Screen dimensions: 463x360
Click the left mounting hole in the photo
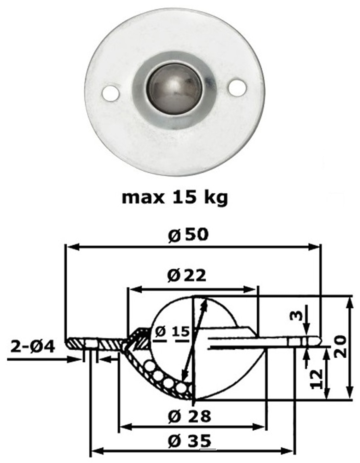click(x=110, y=93)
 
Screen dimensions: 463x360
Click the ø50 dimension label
click(x=188, y=235)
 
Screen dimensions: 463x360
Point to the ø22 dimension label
click(x=186, y=276)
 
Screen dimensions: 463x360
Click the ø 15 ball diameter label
click(x=172, y=332)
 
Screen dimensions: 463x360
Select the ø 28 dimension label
click(x=189, y=416)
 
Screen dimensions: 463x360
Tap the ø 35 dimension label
click(x=189, y=441)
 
